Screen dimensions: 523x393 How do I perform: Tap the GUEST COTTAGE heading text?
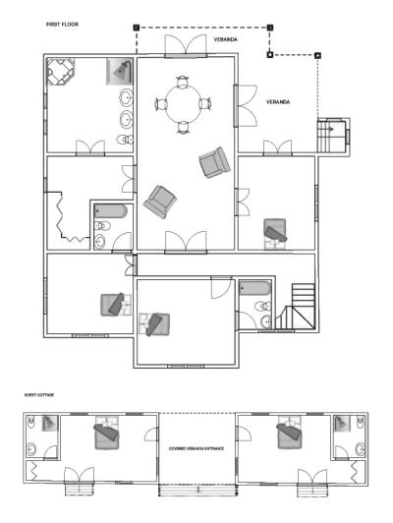point(38,394)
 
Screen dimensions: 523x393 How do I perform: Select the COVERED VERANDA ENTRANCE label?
point(196,447)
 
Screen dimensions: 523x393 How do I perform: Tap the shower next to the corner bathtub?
point(118,71)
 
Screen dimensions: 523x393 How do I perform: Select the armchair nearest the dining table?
point(212,162)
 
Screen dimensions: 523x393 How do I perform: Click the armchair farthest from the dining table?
point(158,203)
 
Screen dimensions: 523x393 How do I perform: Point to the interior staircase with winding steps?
point(295,307)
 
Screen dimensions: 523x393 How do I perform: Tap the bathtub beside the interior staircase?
point(254,289)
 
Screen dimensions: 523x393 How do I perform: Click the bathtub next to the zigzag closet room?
point(109,212)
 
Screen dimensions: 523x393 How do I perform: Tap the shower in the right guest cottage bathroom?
point(343,424)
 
